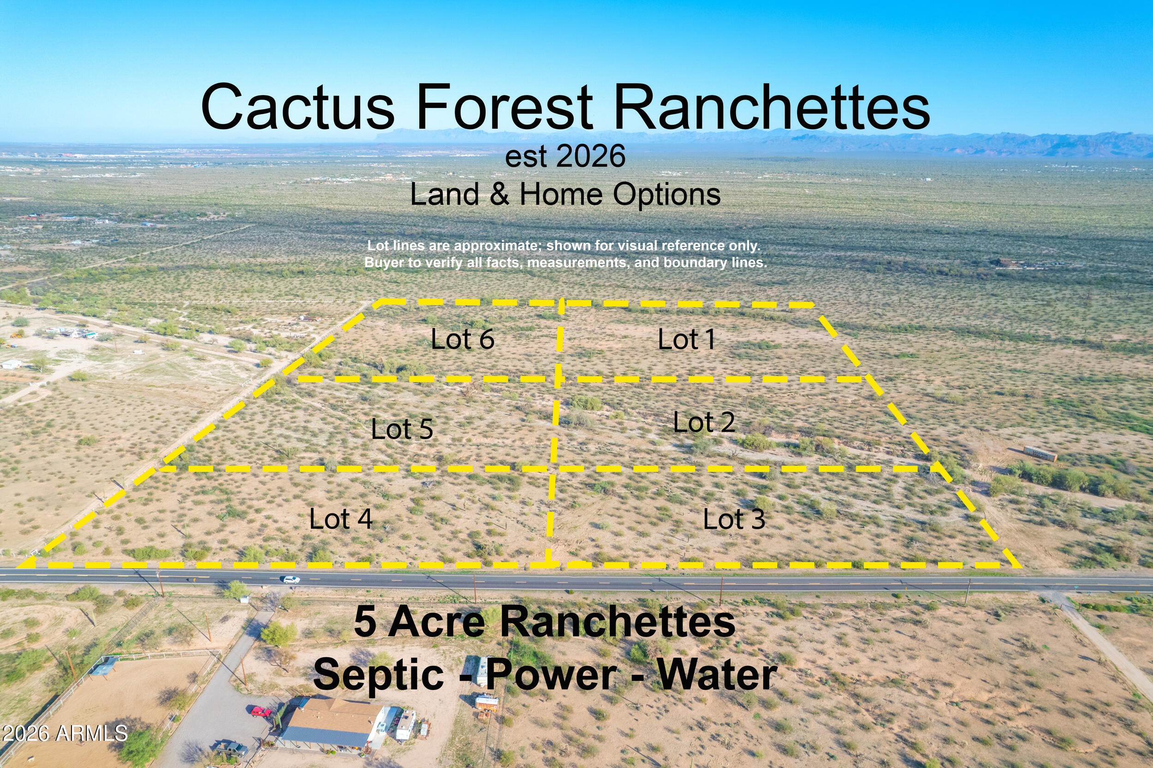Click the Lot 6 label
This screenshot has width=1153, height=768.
(x=462, y=339)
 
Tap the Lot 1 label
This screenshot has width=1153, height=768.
(x=686, y=339)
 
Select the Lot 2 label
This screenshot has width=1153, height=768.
(x=704, y=422)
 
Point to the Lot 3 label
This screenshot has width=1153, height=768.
(x=734, y=519)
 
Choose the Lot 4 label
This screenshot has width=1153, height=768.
(x=341, y=519)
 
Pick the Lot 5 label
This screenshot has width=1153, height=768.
(x=402, y=429)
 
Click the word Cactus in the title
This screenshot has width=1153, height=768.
(x=297, y=107)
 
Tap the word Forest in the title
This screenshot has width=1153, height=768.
(x=504, y=107)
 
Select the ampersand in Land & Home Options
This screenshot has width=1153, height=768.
(x=499, y=195)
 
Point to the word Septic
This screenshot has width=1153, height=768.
(x=378, y=675)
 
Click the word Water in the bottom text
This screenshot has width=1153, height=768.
(x=717, y=675)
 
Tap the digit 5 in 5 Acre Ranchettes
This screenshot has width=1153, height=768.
(x=365, y=621)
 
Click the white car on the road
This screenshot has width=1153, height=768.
(x=291, y=579)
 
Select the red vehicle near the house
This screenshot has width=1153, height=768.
(x=261, y=711)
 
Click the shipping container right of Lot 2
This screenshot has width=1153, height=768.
(x=1040, y=453)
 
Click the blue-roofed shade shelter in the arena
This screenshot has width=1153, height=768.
(x=104, y=666)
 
